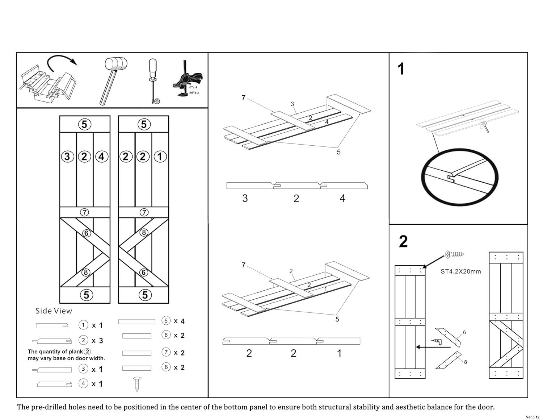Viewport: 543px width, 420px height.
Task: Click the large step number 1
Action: tap(401, 69)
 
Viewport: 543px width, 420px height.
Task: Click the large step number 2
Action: tap(403, 242)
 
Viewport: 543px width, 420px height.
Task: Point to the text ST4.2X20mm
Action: tap(460, 271)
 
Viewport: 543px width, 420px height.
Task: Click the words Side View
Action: tap(54, 311)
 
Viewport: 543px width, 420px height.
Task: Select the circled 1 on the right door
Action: tap(160, 157)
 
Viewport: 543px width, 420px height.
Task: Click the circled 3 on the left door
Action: tap(67, 157)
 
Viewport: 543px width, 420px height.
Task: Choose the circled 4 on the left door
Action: tap(101, 157)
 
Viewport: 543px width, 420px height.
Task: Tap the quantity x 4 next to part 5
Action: tap(179, 321)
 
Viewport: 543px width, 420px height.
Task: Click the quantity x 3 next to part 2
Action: tap(97, 341)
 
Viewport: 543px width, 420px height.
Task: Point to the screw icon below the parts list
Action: tap(137, 384)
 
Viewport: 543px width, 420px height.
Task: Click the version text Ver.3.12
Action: tap(533, 417)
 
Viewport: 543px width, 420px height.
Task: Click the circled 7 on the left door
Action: tap(84, 212)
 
